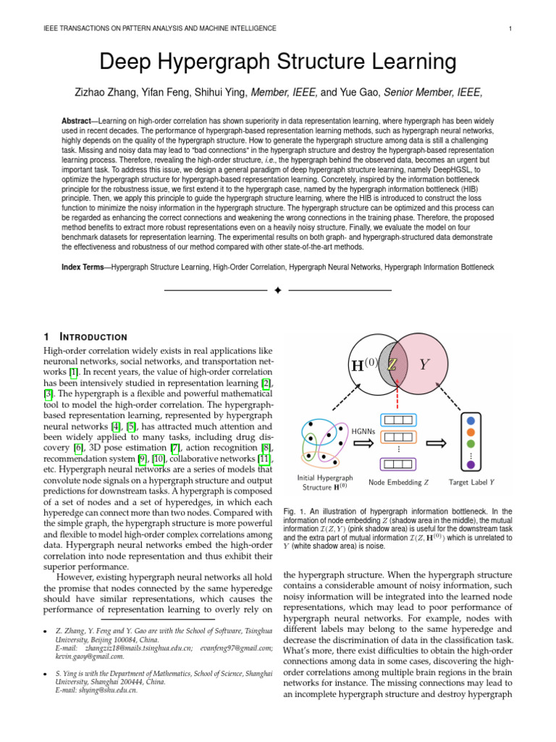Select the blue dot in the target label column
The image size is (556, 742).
point(471,420)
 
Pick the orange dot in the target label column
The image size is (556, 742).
point(471,432)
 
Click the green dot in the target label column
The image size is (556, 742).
point(471,443)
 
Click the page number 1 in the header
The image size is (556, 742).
point(511,28)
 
